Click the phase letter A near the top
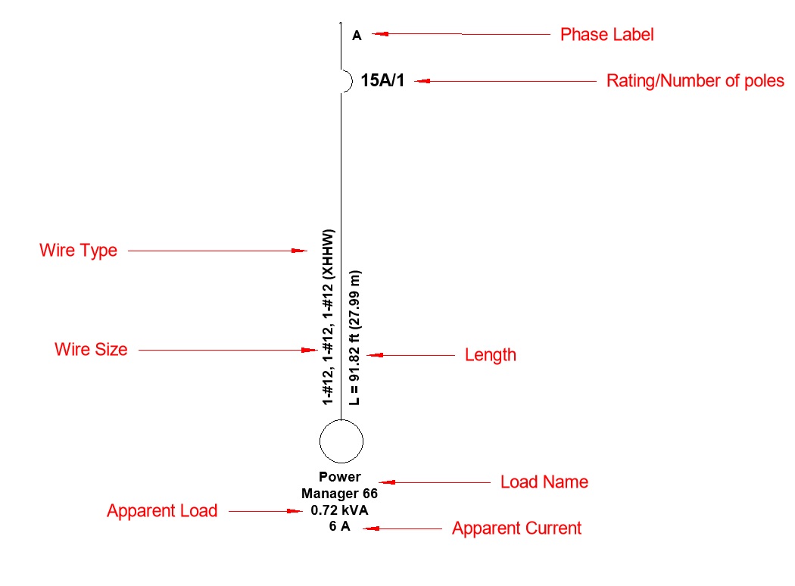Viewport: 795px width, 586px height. point(357,35)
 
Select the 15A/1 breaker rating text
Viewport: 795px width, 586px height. point(382,80)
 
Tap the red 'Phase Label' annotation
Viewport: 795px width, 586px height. point(606,35)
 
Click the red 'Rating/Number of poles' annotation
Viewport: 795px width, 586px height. point(695,81)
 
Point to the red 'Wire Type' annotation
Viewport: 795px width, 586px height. point(78,250)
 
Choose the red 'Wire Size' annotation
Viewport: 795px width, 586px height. point(91,350)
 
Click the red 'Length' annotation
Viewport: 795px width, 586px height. point(490,354)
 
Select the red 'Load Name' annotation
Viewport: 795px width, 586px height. point(544,482)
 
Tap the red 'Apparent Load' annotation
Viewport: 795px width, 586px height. point(162,511)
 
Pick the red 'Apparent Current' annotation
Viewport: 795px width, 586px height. point(516,528)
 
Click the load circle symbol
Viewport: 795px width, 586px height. point(341,441)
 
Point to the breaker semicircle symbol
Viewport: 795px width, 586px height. point(347,80)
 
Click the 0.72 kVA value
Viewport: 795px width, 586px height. point(339,510)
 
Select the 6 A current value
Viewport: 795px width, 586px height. point(339,527)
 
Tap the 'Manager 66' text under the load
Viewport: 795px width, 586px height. point(339,494)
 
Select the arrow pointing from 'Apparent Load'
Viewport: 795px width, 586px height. point(266,512)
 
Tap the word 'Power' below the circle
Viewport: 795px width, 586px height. point(339,477)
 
